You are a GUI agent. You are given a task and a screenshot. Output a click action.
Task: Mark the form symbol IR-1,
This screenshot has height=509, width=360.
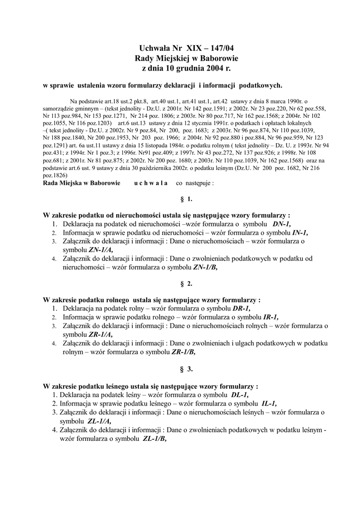coord(270,317)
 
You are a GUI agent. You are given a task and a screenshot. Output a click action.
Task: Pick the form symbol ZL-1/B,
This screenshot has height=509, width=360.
coord(155,438)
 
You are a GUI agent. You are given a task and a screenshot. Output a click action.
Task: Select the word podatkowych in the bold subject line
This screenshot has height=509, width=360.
coord(258,85)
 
